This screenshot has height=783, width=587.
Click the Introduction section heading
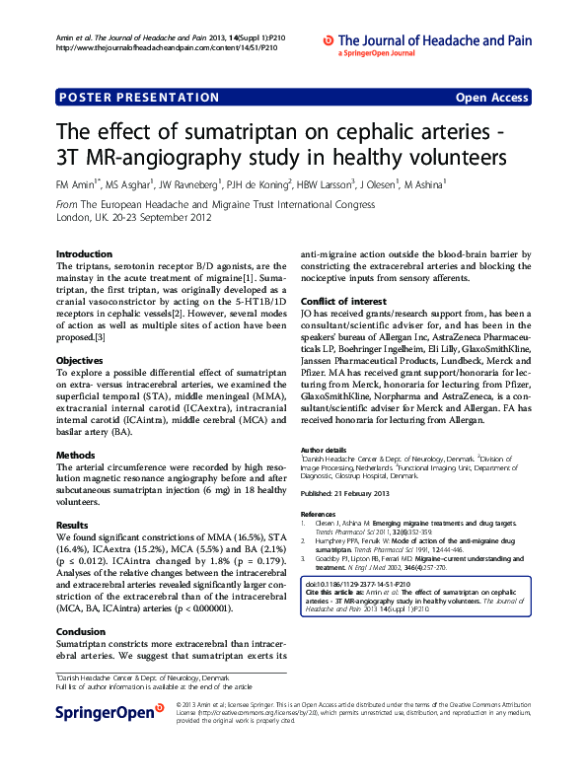click(84, 253)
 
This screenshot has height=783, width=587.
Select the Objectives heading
click(79, 333)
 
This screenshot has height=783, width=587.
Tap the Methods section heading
click(75, 456)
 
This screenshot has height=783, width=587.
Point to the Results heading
click(72, 525)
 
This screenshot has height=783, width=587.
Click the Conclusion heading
click(80, 631)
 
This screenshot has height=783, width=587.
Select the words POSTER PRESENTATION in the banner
click(139, 98)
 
